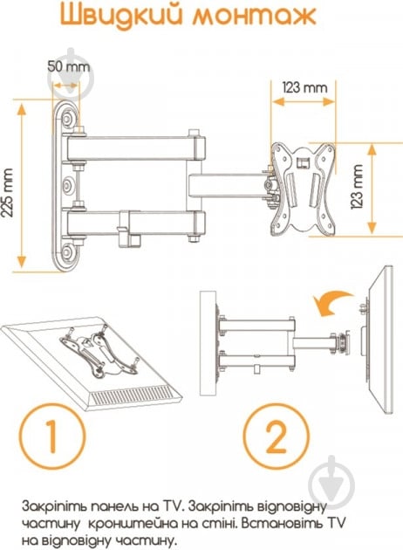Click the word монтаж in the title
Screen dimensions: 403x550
click(x=255, y=16)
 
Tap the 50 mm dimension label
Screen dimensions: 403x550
click(x=68, y=66)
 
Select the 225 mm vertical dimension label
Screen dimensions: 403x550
click(x=7, y=192)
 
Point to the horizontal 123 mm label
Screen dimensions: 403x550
click(x=305, y=87)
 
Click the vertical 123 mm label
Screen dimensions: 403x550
click(x=358, y=187)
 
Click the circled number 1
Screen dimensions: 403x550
click(x=51, y=436)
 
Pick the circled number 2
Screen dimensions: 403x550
click(x=277, y=436)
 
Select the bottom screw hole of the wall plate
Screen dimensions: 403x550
click(x=67, y=251)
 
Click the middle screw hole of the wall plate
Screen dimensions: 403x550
click(x=68, y=185)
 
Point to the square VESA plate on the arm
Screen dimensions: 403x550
click(x=303, y=189)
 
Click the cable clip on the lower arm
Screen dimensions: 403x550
click(x=128, y=229)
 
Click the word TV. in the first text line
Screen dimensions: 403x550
click(x=174, y=505)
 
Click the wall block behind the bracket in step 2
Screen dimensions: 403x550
click(x=207, y=343)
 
